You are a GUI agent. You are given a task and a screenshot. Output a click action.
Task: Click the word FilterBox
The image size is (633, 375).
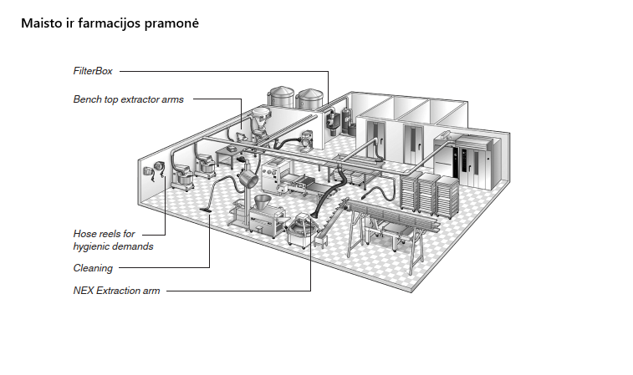pos(92,72)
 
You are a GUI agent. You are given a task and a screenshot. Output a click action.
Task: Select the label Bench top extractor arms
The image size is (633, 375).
pos(128,99)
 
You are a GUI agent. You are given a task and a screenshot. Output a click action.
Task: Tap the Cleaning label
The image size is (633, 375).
pos(93,268)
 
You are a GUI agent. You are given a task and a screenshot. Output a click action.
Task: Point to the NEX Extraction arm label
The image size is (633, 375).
pos(116,291)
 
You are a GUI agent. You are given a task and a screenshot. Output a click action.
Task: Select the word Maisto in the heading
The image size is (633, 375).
pos(39,23)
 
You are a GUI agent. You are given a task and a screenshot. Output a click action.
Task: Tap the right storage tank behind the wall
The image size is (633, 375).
pos(311,101)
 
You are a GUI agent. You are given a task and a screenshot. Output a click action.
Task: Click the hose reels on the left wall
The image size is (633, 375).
pos(151,172)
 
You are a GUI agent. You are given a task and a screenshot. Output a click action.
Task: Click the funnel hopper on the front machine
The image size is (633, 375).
pos(260,202)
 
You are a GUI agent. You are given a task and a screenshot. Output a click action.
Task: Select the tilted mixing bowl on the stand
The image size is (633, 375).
pos(248,178)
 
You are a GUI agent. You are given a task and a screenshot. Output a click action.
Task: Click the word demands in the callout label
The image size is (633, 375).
pos(135,246)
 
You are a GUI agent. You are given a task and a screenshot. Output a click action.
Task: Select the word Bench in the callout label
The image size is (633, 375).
pos(87,99)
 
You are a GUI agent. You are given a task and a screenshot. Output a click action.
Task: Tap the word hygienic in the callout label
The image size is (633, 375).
pos(94,246)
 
